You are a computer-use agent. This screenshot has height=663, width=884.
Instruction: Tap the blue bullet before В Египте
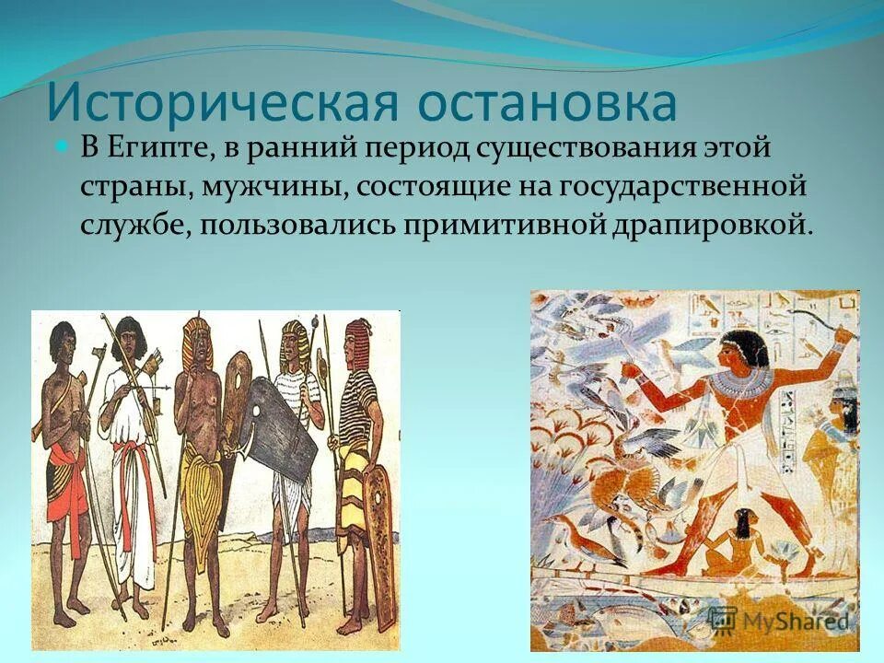pyautogui.click(x=63, y=147)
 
